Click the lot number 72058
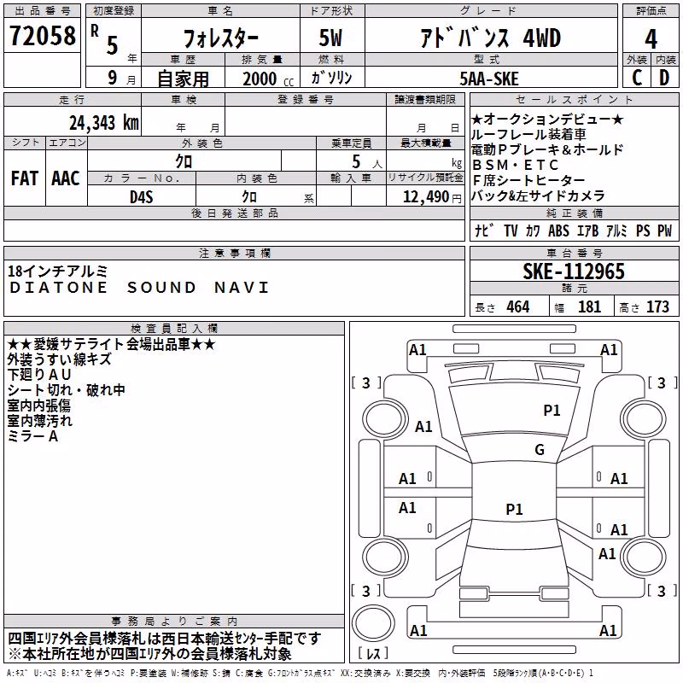point(43,36)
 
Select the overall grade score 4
point(651,39)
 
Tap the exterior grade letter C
point(637,78)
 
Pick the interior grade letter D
point(664,78)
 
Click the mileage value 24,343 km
point(104,123)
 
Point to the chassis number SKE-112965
point(574,271)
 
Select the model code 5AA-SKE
point(489,79)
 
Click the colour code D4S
point(142,197)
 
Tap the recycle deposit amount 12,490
point(425,197)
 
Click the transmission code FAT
point(25,178)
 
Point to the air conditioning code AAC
point(66,178)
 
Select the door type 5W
point(330,38)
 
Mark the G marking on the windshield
point(540,450)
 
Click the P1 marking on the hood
point(552,411)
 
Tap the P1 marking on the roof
point(515,509)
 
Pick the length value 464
point(518,307)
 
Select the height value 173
point(657,307)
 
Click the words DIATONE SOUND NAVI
point(139,288)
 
